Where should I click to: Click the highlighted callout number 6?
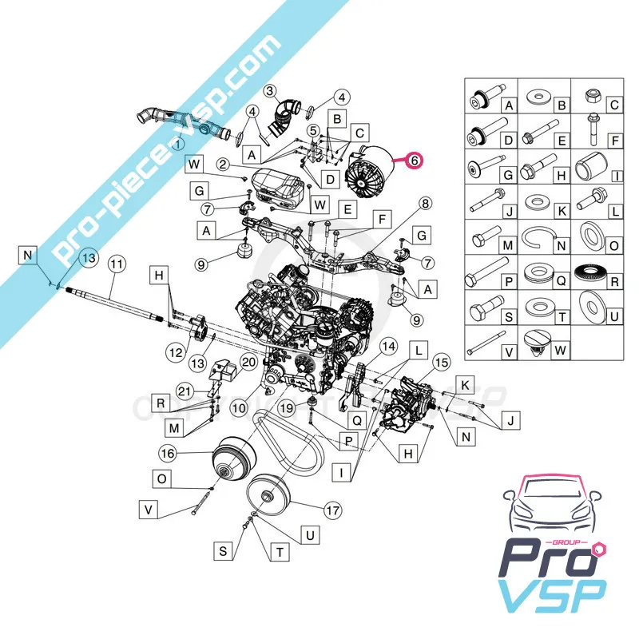click(414, 160)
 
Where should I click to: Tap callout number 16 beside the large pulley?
click(167, 453)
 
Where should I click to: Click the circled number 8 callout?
click(426, 204)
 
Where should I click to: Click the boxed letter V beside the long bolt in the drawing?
click(148, 507)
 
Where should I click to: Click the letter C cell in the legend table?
click(614, 104)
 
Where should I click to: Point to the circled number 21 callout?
click(185, 389)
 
